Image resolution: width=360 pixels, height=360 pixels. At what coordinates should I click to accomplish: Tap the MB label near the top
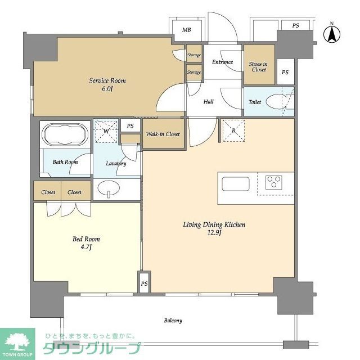click(186, 30)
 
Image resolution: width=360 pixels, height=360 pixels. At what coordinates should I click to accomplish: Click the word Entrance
click(222, 62)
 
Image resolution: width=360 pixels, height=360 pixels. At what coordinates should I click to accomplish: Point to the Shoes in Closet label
click(258, 67)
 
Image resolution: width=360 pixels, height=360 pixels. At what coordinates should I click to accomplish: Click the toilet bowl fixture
click(277, 103)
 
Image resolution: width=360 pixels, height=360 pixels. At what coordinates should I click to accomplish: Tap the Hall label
click(208, 102)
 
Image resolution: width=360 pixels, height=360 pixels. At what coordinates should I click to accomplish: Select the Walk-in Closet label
click(163, 134)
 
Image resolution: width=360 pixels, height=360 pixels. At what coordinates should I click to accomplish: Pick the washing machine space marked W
click(106, 132)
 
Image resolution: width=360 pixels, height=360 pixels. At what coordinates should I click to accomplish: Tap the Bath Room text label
click(65, 162)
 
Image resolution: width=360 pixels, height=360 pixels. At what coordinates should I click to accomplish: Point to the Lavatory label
click(116, 164)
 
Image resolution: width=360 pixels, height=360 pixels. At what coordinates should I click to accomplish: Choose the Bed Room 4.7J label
click(86, 243)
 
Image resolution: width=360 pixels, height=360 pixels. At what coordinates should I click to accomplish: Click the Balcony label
click(173, 321)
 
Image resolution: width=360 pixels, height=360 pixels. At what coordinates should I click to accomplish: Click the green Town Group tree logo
click(19, 341)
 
